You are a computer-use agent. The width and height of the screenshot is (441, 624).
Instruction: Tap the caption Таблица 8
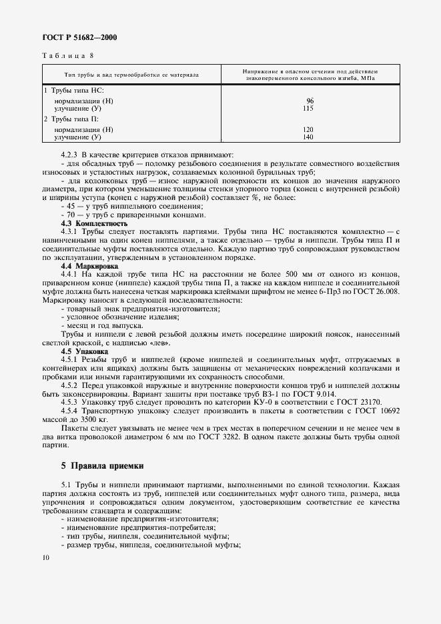[67, 56]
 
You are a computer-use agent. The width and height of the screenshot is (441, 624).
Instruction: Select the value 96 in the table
[309, 101]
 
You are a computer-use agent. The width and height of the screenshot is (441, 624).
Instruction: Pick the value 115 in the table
[308, 108]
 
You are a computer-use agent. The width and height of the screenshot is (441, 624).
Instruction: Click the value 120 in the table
[308, 129]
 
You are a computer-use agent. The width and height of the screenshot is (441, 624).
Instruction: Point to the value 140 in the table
[308, 137]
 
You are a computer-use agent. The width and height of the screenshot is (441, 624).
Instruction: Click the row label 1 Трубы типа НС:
[70, 90]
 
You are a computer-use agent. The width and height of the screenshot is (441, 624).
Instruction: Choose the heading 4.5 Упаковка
[83, 350]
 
